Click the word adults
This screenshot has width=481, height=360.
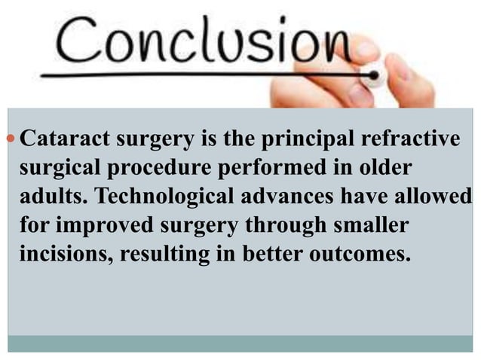(x=51, y=196)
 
